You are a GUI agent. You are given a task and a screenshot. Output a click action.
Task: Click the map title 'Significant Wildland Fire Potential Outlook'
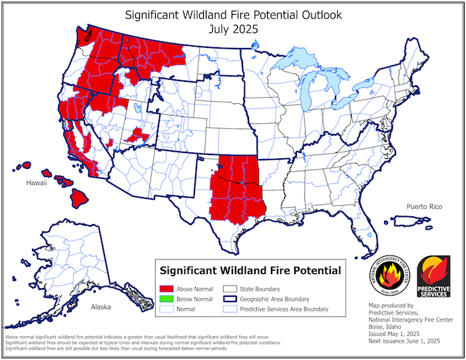pyautogui.click(x=232, y=14)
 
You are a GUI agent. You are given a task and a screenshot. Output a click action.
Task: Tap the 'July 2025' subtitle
pyautogui.click(x=232, y=29)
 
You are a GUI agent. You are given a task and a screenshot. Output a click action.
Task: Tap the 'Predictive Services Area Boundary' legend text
pyautogui.click(x=284, y=309)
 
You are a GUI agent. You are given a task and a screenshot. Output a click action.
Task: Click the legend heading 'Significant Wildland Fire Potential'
pyautogui.click(x=249, y=271)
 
